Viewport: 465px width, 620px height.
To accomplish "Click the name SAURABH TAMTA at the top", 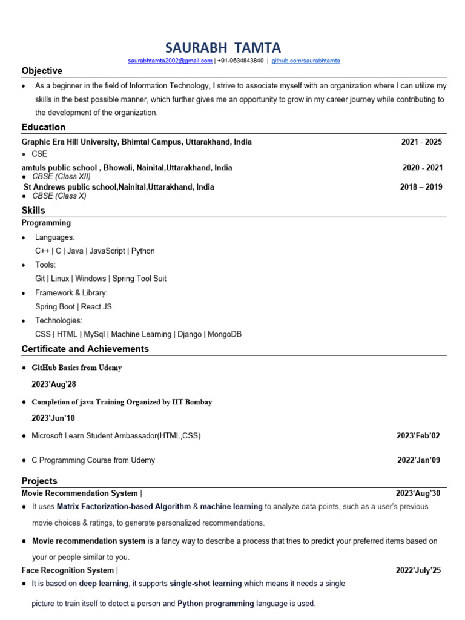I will point(222,48).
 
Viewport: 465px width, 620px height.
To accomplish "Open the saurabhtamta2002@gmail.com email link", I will point(170,61).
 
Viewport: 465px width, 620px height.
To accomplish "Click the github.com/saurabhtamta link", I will point(306,61).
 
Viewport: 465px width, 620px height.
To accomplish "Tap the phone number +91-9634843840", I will point(240,61).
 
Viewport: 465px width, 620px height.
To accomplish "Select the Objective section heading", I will point(42,71).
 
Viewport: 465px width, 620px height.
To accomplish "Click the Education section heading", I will point(44,127).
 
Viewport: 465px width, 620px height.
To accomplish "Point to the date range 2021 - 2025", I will point(421,142).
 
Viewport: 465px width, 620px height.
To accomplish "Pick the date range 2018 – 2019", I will point(421,187).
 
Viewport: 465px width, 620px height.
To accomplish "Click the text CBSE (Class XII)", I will point(61,176).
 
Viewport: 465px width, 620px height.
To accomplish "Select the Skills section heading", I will point(33,211).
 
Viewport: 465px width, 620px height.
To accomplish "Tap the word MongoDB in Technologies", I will point(225,334).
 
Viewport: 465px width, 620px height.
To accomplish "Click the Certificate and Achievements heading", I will point(85,349).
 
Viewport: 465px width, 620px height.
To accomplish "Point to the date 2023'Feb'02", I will point(418,435).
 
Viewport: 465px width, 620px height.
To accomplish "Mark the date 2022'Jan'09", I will point(418,460).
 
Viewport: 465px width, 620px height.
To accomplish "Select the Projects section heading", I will point(39,481).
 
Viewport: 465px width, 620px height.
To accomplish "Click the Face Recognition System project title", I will point(68,570).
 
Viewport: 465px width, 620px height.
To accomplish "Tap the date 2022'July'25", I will point(418,570).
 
